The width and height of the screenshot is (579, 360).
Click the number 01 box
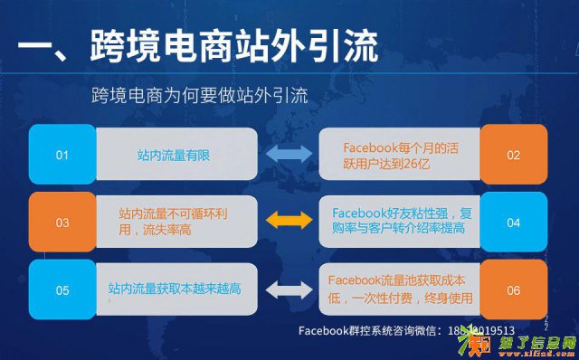[62, 156]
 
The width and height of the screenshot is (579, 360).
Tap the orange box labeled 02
[513, 156]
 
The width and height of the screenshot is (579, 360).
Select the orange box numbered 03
[62, 222]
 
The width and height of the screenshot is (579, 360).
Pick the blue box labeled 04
[513, 222]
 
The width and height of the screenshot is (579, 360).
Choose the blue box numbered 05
[62, 290]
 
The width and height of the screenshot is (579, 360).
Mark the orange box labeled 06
[513, 290]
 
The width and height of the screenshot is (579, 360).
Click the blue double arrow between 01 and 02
[287, 156]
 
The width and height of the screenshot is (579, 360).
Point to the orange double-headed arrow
[287, 221]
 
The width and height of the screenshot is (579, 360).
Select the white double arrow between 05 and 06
[287, 289]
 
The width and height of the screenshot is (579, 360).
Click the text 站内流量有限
[173, 156]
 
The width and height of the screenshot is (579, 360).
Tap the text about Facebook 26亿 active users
[402, 155]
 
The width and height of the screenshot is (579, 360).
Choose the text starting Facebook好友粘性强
[403, 222]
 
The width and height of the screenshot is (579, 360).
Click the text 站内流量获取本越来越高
[173, 289]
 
